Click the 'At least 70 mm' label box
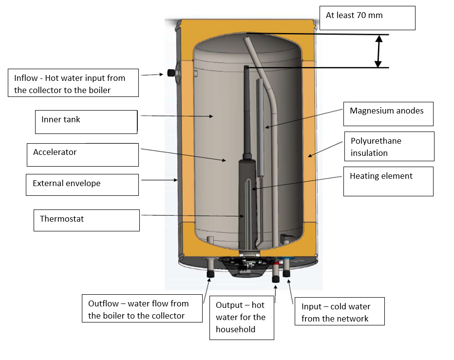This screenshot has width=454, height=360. point(367,18)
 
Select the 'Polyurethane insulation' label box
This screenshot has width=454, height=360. point(389,146)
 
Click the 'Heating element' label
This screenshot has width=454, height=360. point(388,181)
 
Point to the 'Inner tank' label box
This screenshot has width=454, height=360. point(86,122)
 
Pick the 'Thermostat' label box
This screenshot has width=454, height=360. point(87,220)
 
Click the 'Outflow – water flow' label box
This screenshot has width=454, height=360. point(142,309)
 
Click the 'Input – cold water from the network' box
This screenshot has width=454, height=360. point(339,312)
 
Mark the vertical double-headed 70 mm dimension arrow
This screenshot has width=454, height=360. point(378,51)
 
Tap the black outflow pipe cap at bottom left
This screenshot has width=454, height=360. point(211,274)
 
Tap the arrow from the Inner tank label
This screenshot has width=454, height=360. point(175,116)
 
